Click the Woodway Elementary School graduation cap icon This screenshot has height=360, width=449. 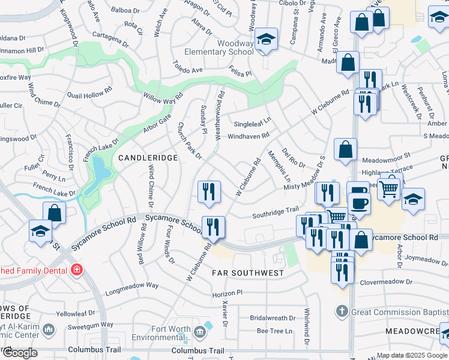coord(266,40)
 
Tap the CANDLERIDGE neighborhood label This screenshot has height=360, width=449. coord(148,158)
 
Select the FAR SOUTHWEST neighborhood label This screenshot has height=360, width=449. coord(248,273)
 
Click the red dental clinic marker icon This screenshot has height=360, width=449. coord(76,271)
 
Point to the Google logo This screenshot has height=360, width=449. coord(20,353)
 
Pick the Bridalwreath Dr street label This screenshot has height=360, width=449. coord(273,318)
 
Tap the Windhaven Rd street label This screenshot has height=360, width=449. coord(249,137)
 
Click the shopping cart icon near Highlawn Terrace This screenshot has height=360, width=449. coord(390,189)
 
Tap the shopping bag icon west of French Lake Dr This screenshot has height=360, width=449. coord(54,212)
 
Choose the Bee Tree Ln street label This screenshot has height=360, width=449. coord(274,331)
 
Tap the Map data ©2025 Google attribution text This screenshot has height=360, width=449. coord(411,355)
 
